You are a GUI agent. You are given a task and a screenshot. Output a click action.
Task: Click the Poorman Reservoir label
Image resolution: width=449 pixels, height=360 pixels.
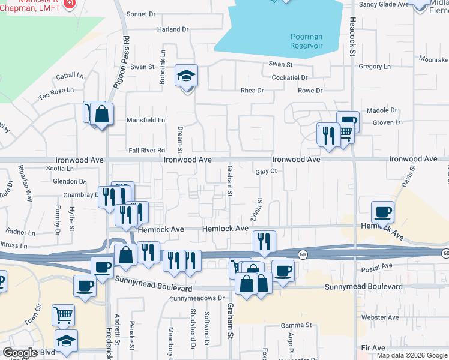pos(307,41)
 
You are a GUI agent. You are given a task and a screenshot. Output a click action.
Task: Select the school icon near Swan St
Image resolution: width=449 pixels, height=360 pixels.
pos(186,76)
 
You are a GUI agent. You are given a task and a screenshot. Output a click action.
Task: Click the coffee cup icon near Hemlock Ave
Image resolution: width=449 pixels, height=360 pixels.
pos(382,212)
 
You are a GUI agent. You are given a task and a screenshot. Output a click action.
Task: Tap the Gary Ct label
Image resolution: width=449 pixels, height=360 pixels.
pos(265,171)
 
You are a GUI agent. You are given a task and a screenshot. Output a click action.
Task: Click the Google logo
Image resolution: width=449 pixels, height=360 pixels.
pos(20,353)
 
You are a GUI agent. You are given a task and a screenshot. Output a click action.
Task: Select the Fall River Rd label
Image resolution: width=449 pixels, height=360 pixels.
pos(147,151)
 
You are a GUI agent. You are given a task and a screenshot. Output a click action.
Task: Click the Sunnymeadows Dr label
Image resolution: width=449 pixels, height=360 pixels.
pos(196,298)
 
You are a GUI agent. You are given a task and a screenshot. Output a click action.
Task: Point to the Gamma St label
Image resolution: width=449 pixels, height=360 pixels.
pos(296,325)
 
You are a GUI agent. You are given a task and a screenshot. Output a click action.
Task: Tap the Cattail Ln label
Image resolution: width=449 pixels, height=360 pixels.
pos(70,76)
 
